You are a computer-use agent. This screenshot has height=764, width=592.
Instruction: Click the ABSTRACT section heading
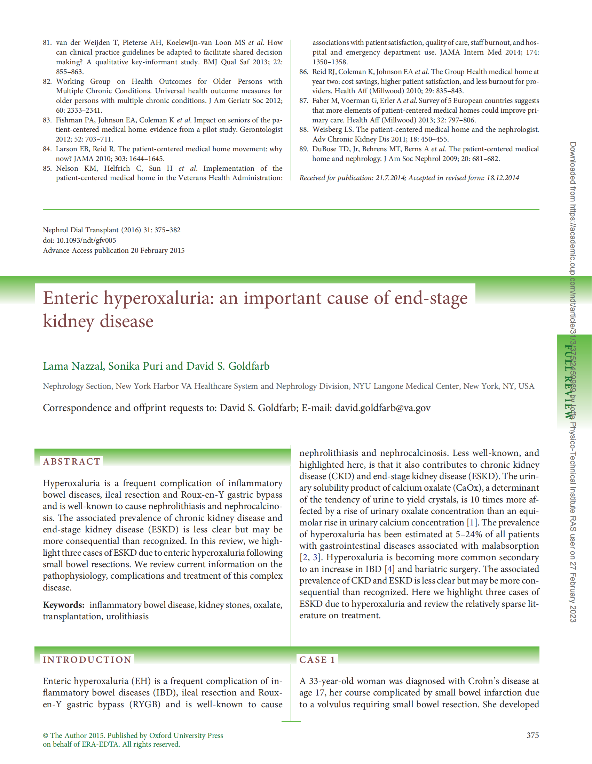click(72, 461)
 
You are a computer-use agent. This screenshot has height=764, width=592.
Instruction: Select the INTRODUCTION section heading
click(87, 659)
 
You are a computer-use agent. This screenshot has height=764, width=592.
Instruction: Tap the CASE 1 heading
click(317, 659)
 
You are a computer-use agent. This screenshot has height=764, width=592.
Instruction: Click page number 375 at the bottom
click(532, 735)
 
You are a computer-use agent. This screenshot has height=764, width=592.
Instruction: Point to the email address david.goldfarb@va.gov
click(382, 408)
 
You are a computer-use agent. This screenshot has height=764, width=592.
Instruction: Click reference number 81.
click(47, 43)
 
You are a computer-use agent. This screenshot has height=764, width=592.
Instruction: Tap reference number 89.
click(303, 149)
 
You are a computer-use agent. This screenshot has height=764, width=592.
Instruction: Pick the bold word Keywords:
click(64, 605)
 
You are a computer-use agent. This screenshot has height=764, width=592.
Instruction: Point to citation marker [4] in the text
click(390, 569)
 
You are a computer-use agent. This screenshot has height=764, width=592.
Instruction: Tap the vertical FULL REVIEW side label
click(567, 381)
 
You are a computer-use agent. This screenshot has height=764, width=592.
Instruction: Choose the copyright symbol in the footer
click(46, 735)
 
